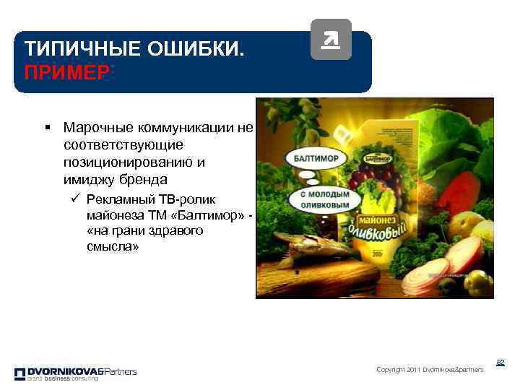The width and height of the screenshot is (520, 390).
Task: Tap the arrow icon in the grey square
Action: click(x=330, y=40)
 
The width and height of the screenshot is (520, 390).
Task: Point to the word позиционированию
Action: click(x=129, y=162)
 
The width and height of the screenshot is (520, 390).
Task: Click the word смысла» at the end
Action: click(x=108, y=247)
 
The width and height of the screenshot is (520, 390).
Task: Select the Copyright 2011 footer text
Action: click(x=430, y=370)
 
